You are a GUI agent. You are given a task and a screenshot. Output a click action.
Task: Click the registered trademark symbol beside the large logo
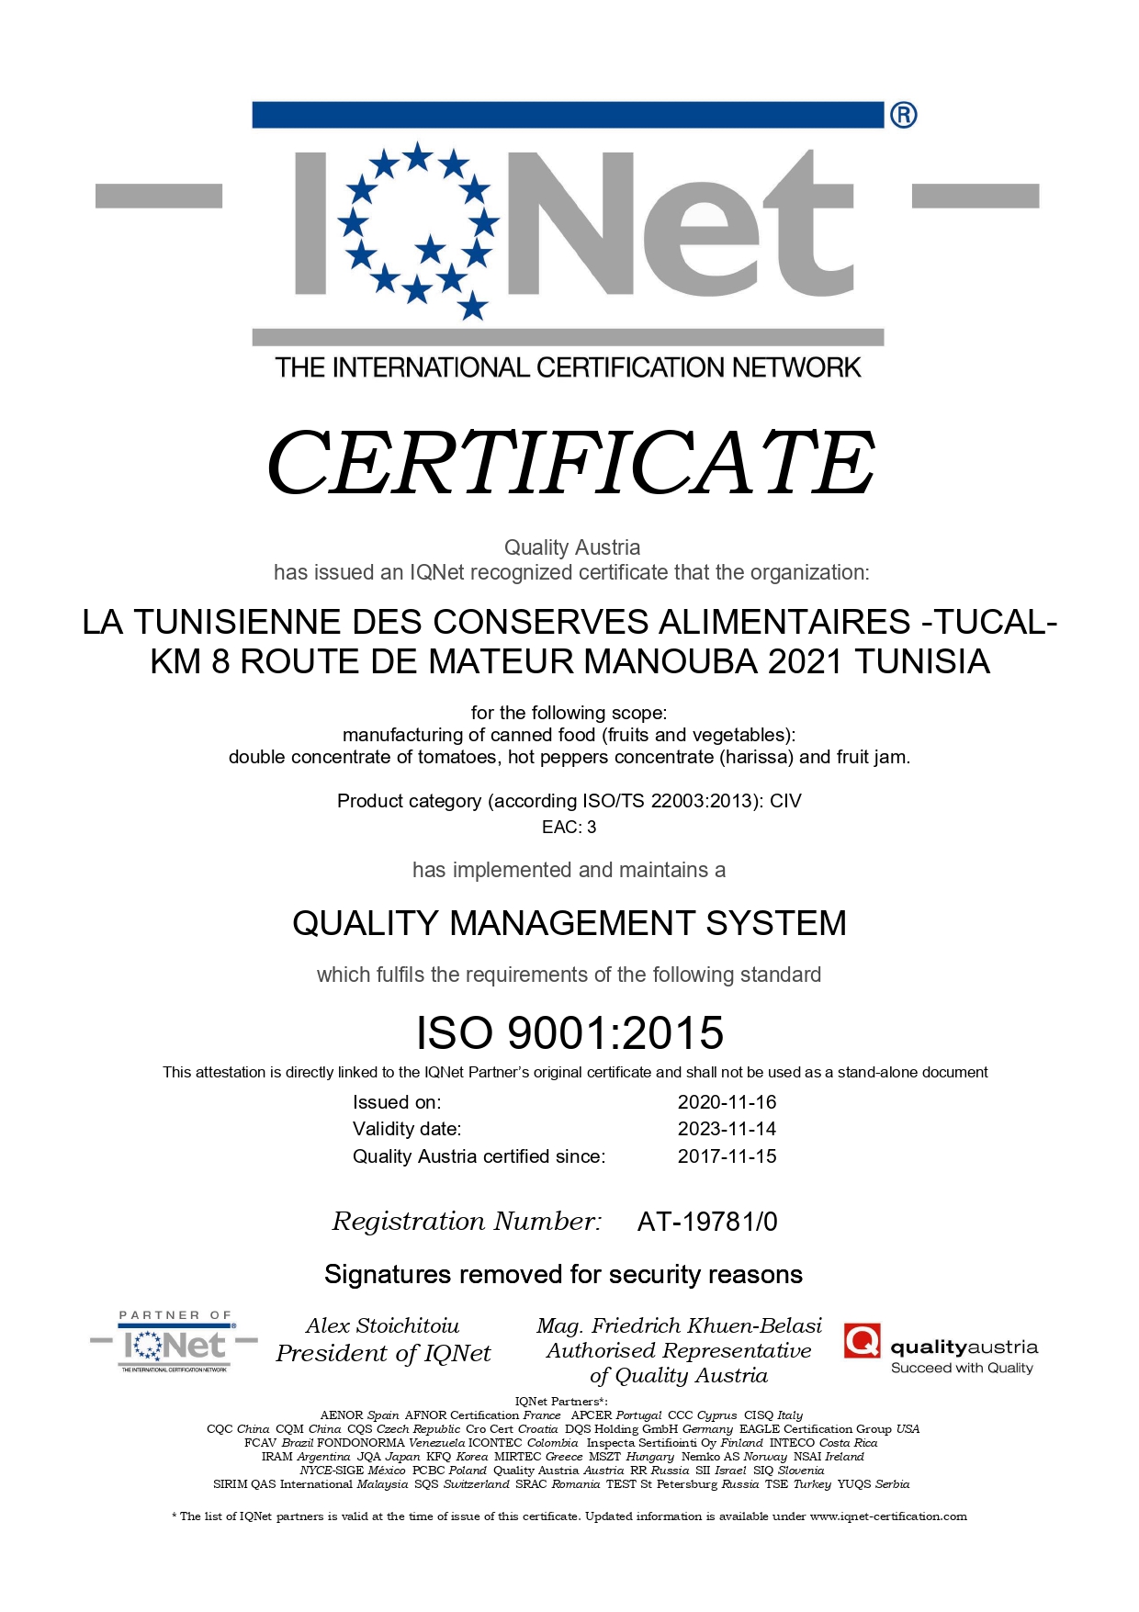click(x=903, y=116)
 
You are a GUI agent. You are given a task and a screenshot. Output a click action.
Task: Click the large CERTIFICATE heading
click(x=569, y=462)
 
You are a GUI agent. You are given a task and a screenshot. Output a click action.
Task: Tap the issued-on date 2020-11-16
click(x=727, y=1102)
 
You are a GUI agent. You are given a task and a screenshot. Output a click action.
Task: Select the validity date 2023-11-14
click(x=727, y=1129)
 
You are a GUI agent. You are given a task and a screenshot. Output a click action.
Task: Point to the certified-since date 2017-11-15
click(x=727, y=1156)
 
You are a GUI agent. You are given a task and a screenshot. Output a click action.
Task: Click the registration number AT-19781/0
click(x=707, y=1222)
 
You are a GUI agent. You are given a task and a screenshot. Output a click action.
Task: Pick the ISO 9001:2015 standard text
click(x=569, y=1033)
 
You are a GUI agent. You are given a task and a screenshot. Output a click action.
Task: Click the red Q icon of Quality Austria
click(x=862, y=1341)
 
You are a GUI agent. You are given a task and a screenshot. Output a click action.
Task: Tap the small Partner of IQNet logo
click(x=175, y=1343)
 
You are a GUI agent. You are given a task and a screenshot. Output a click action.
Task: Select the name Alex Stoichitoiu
click(x=382, y=1325)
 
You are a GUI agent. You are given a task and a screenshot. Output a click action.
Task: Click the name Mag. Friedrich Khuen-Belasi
click(x=679, y=1325)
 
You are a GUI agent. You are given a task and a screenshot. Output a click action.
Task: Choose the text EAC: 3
click(x=569, y=827)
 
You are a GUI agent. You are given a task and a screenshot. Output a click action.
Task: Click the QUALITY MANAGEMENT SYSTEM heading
click(x=569, y=923)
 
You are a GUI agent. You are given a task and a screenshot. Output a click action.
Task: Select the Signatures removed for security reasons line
click(x=563, y=1275)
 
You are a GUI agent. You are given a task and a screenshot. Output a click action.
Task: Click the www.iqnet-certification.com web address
click(x=888, y=1516)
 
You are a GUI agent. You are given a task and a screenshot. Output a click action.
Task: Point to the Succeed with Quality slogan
click(x=962, y=1368)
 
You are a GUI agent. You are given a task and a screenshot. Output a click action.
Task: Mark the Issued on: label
click(x=397, y=1102)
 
